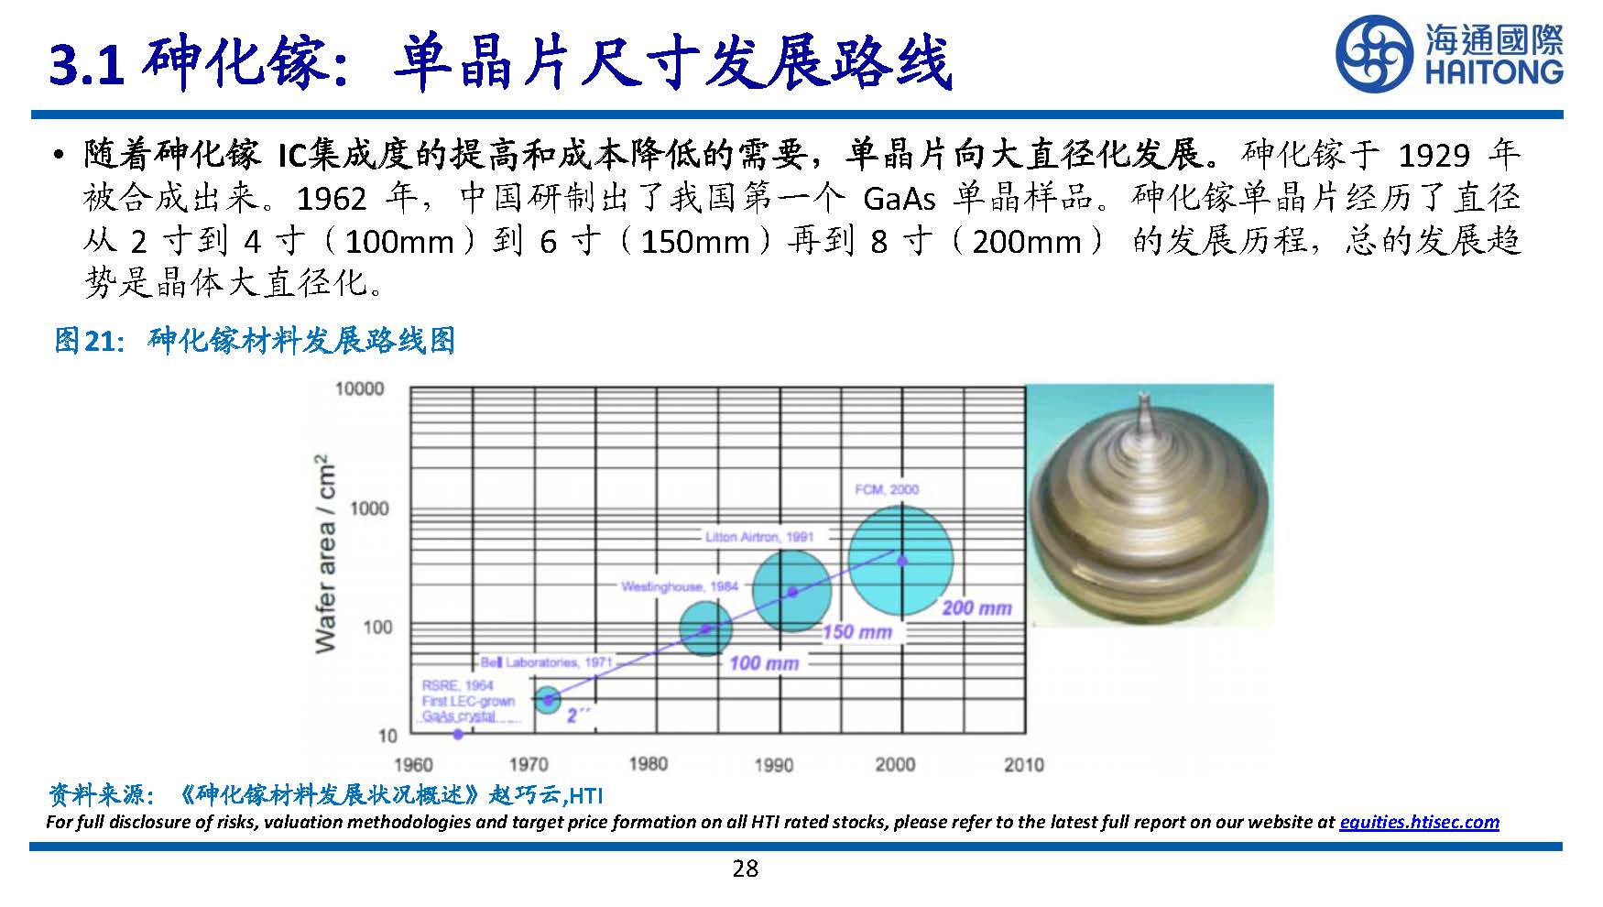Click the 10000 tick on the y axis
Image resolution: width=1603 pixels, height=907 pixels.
pos(359,389)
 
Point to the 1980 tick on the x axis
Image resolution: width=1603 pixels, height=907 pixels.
pos(649,763)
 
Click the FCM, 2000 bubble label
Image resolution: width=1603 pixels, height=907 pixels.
pos(886,489)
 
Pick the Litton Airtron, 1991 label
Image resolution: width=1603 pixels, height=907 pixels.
pos(759,536)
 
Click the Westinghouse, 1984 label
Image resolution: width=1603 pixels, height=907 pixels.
pos(679,586)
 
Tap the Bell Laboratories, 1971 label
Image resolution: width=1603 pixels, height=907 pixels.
pos(547,661)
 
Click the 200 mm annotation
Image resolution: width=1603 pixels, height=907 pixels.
pos(976,607)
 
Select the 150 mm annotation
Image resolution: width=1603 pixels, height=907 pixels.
pos(856,631)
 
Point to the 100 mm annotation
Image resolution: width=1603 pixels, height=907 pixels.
pos(764,662)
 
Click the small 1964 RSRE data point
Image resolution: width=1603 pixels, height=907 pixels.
pos(458,734)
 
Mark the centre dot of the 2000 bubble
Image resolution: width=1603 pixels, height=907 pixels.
pos(901,561)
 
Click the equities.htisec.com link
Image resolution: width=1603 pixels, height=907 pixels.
pos(1419,822)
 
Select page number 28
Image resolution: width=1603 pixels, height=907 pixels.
pos(746,869)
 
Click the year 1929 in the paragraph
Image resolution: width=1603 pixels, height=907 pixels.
pos(1434,155)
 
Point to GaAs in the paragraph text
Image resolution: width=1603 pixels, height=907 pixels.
pos(900,198)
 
